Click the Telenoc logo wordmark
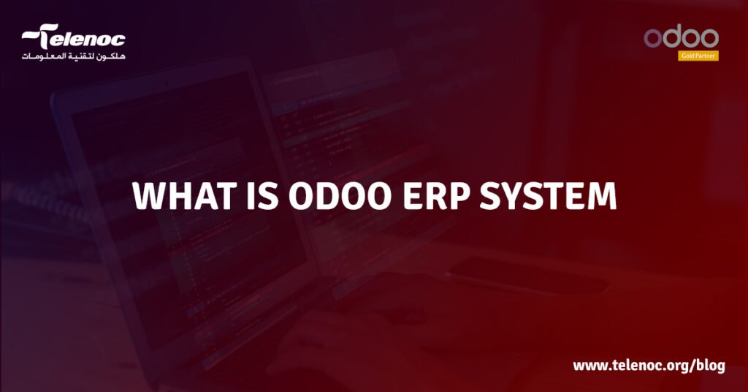pos(74,38)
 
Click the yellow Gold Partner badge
pos(698,56)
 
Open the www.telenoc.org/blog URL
pos(649,366)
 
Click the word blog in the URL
pos(708,366)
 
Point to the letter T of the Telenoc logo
pos(46,37)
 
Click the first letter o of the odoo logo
pos(652,39)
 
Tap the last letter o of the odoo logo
pos(709,39)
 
